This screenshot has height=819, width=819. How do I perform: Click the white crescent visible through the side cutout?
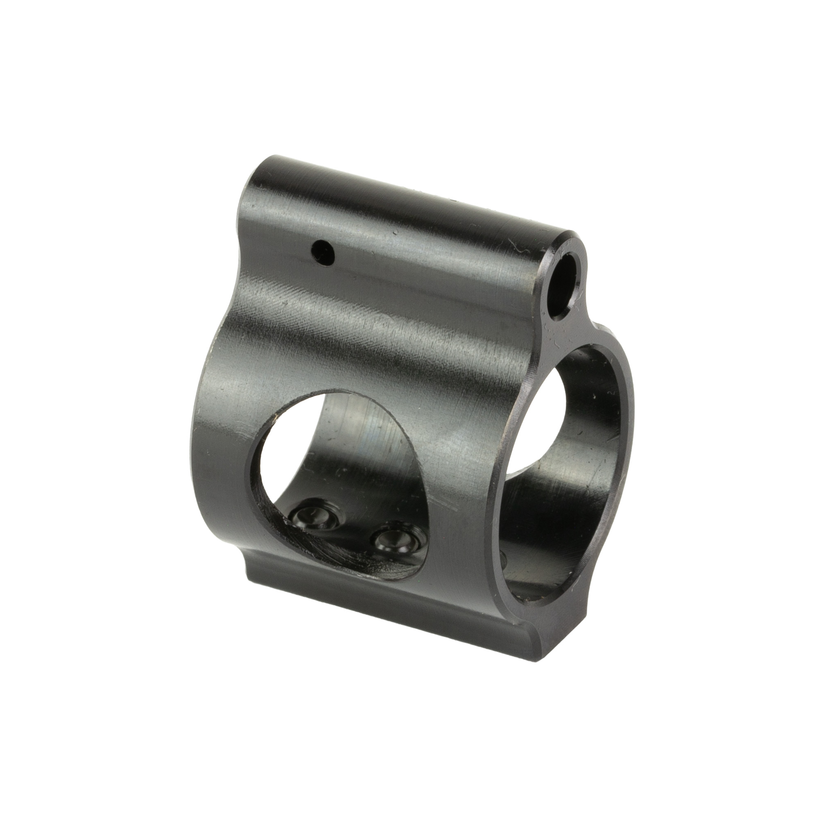288,445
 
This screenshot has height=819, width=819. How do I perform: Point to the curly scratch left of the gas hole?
517,254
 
